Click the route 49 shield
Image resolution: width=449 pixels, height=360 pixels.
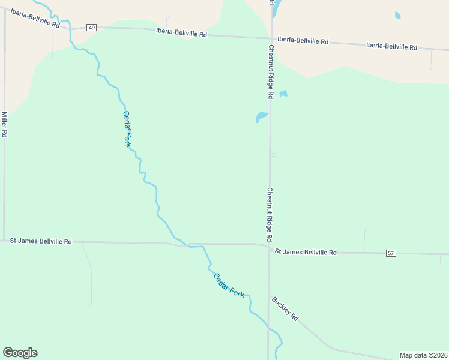click(x=91, y=28)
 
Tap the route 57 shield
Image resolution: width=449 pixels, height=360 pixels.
click(x=391, y=253)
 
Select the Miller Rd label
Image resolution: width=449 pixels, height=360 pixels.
click(x=4, y=125)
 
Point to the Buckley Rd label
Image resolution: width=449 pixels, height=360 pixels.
click(x=285, y=308)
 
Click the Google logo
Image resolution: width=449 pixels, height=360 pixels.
click(x=20, y=353)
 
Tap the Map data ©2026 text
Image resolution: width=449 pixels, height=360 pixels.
click(x=423, y=355)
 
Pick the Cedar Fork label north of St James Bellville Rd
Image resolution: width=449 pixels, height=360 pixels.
click(x=127, y=129)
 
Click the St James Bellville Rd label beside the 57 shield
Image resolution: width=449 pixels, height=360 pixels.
click(x=306, y=253)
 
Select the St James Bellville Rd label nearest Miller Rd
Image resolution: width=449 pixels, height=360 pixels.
click(x=41, y=241)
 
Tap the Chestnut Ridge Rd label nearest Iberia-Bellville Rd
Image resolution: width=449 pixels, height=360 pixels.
click(x=271, y=72)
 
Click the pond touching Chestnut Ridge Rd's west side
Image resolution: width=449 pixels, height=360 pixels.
click(x=262, y=116)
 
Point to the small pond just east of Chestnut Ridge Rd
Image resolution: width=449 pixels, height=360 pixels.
click(x=283, y=93)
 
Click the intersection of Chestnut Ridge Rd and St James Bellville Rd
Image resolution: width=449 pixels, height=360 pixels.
click(x=269, y=248)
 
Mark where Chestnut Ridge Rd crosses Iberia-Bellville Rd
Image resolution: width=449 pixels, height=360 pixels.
click(x=271, y=38)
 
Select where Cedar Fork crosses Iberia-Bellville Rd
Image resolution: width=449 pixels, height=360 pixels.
click(x=70, y=26)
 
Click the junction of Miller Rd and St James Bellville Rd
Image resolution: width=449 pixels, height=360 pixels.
click(x=4, y=240)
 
